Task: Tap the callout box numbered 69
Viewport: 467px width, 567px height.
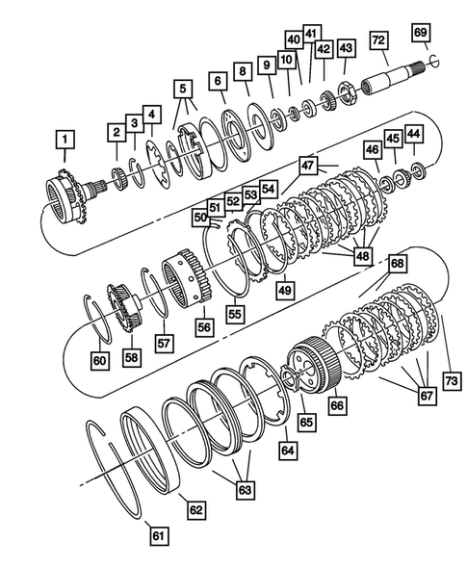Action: [x=420, y=33]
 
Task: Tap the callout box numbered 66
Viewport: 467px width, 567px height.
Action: [x=335, y=408]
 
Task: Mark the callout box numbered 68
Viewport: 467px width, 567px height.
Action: [x=397, y=262]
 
